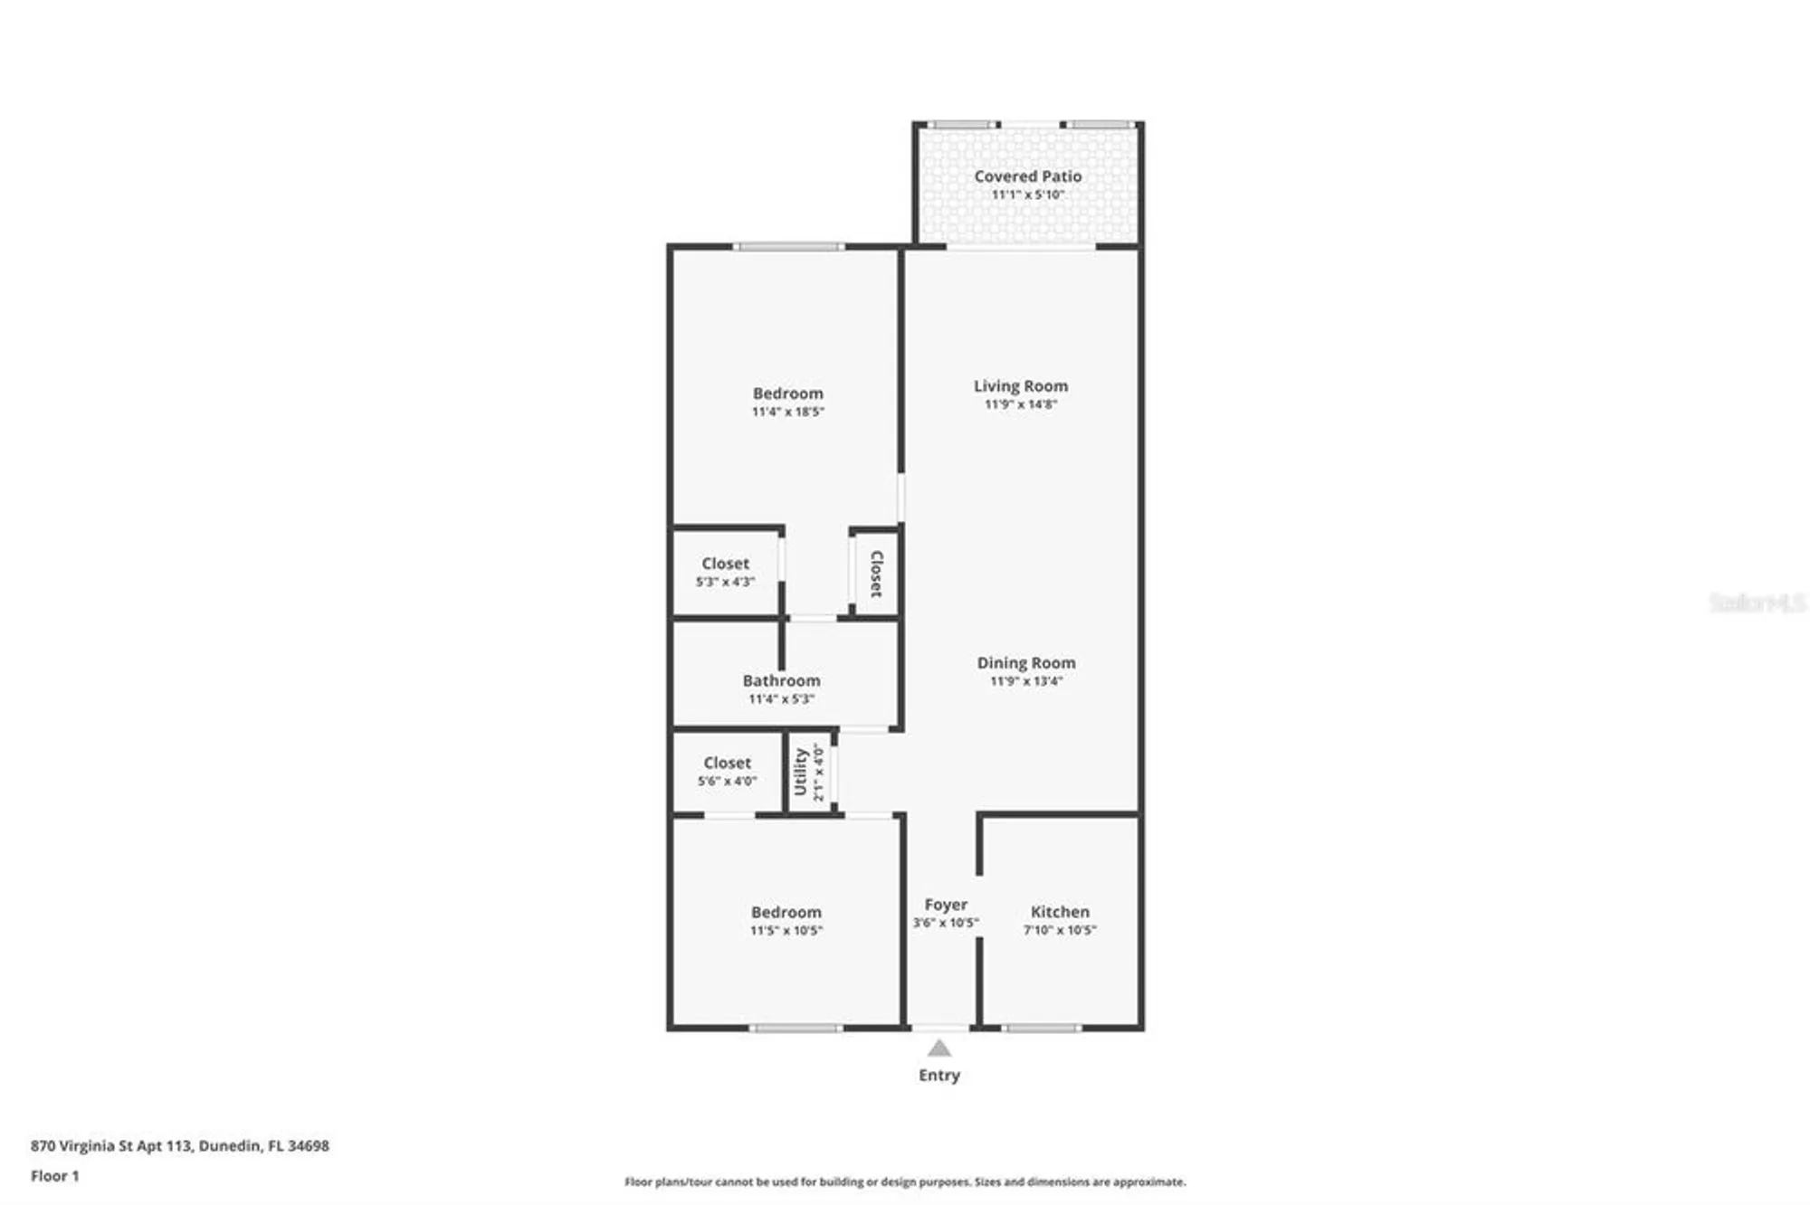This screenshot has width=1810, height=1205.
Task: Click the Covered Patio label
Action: [1027, 176]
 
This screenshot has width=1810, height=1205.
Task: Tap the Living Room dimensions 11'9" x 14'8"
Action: [1021, 404]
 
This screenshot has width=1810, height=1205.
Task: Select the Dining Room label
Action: [1026, 663]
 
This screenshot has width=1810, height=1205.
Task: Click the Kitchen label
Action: [1060, 912]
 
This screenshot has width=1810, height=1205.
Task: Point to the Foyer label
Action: [946, 905]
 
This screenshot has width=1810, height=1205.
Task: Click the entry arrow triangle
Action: [939, 1048]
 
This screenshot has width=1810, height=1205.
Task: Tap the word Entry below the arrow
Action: [939, 1076]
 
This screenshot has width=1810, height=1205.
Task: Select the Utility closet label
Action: [801, 772]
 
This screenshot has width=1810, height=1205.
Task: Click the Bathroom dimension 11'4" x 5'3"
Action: [781, 699]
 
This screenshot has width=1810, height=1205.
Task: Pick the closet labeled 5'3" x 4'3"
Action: [725, 572]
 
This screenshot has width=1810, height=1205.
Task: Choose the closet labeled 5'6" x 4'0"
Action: [727, 771]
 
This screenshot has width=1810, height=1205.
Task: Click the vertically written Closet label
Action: [876, 574]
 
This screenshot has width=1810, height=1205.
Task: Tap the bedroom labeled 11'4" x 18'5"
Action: [787, 402]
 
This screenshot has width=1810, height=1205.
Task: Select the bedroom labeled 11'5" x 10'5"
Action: [786, 920]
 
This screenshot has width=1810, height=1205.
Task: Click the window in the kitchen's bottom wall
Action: [1041, 1028]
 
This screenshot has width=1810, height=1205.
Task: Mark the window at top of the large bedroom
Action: [788, 246]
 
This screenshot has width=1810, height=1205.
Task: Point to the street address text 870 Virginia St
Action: [179, 1145]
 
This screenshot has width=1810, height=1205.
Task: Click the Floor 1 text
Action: [55, 1176]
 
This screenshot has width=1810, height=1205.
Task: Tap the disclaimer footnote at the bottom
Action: [905, 1181]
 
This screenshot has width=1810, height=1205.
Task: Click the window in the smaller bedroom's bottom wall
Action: [795, 1028]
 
